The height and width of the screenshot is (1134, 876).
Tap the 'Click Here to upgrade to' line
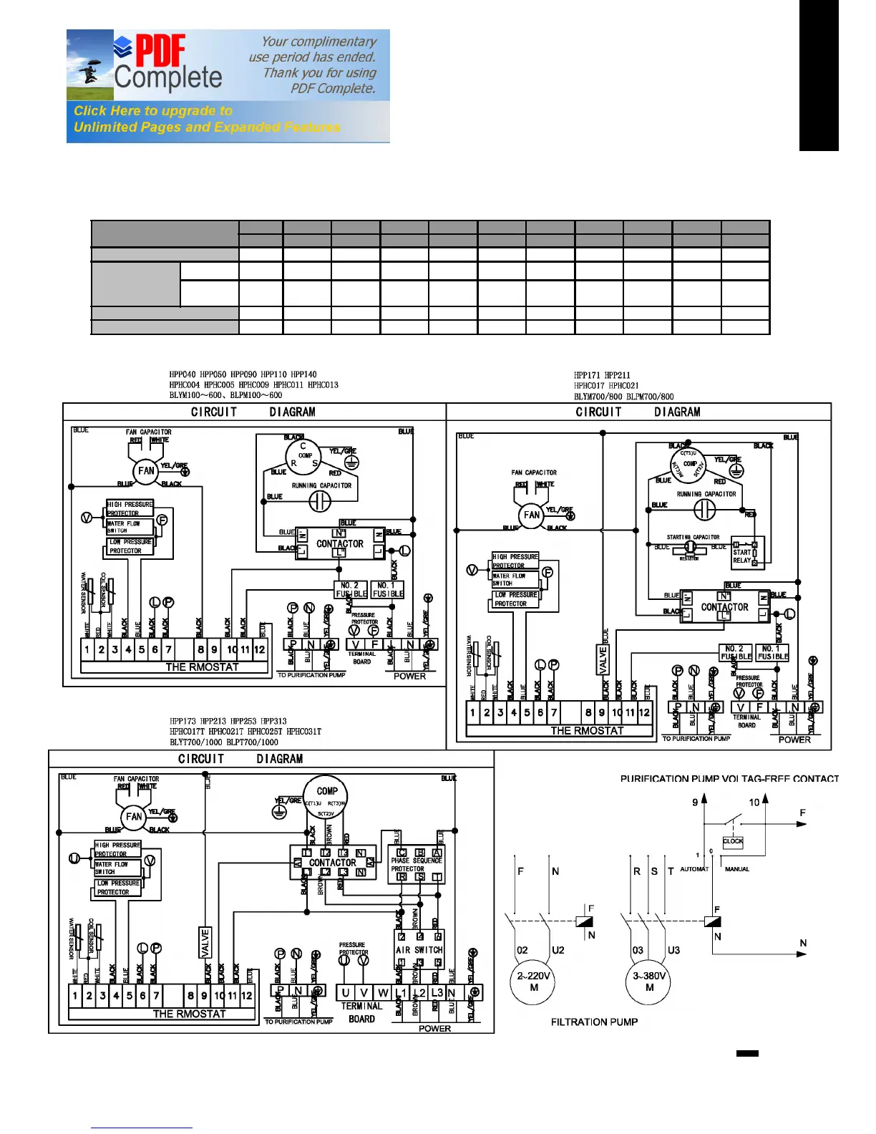pyautogui.click(x=153, y=111)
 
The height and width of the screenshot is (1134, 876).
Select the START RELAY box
pyautogui.click(x=746, y=553)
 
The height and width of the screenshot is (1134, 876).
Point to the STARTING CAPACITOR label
pyautogui.click(x=693, y=537)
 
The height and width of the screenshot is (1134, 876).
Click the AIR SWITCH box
pyautogui.click(x=419, y=950)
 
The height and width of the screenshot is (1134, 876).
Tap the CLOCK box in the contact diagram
pyautogui.click(x=733, y=842)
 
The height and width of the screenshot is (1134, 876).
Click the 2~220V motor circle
pyautogui.click(x=533, y=982)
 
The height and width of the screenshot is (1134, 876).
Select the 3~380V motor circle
pyautogui.click(x=649, y=982)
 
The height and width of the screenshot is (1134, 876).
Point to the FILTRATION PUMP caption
pyautogui.click(x=594, y=1022)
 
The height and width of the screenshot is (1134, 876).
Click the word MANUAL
pyautogui.click(x=737, y=869)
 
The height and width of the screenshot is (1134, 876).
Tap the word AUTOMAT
pyautogui.click(x=693, y=869)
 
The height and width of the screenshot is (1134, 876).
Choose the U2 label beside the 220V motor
pyautogui.click(x=558, y=950)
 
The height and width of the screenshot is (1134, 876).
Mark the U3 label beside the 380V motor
pyautogui.click(x=673, y=950)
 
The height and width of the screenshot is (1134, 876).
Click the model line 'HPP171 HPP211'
pyautogui.click(x=602, y=374)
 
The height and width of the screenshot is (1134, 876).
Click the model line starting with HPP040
pyautogui.click(x=243, y=374)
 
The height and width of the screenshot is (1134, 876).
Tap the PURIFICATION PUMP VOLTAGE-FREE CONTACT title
pyautogui.click(x=729, y=779)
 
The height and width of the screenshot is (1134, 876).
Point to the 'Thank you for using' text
pyautogui.click(x=319, y=73)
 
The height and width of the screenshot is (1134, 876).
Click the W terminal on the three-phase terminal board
pyautogui.click(x=383, y=993)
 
